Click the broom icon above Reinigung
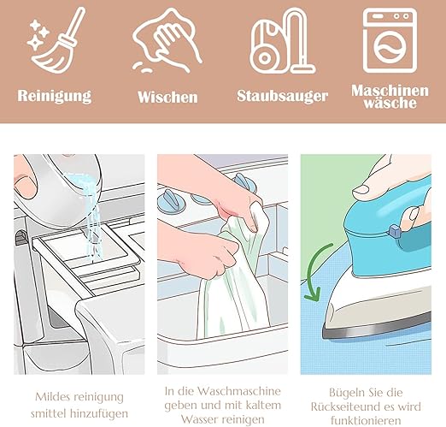pyautogui.click(x=57, y=40)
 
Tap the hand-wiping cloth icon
pyautogui.click(x=167, y=40)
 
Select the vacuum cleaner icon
pyautogui.click(x=283, y=41)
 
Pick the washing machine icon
pyautogui.click(x=390, y=40)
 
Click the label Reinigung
pyautogui.click(x=55, y=96)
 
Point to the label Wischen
pyautogui.click(x=167, y=97)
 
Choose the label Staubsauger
pyautogui.click(x=282, y=96)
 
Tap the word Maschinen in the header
pyautogui.click(x=390, y=91)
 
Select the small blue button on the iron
pyautogui.click(x=395, y=230)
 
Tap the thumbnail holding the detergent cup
pyautogui.click(x=25, y=187)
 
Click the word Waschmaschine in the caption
pyautogui.click(x=239, y=391)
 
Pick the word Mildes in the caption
pyautogui.click(x=52, y=396)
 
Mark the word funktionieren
pyautogui.click(x=366, y=420)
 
